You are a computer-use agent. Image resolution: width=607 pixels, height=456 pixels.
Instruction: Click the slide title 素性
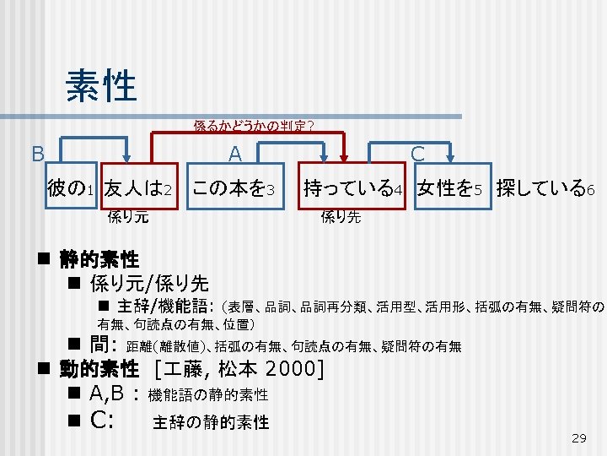point(100,84)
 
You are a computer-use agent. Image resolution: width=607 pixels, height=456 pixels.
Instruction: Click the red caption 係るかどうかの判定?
point(254,127)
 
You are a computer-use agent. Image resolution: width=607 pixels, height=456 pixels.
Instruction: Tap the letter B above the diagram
point(37,154)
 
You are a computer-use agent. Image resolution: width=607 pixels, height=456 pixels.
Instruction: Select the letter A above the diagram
point(235,153)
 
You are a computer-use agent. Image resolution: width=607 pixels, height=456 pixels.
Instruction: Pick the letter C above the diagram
point(416,153)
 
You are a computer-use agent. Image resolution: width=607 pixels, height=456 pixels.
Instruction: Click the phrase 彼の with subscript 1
point(70,187)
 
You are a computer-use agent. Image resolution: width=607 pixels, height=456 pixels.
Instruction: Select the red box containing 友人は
point(140,187)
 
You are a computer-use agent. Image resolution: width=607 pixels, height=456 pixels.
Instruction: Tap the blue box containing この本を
point(234,187)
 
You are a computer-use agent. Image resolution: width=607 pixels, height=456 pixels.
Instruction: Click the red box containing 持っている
point(353,187)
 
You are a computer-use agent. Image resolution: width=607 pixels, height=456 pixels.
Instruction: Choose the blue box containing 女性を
point(452,187)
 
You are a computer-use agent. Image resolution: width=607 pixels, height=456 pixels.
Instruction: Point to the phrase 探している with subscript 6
point(545,187)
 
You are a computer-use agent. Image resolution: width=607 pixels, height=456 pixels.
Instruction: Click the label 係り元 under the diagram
point(129,216)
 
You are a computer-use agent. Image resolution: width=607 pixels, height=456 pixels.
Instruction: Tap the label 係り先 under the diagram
point(341,216)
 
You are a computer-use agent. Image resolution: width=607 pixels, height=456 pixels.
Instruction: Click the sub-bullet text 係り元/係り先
point(149,283)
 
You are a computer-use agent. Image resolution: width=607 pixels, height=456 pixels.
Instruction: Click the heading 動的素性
point(99,368)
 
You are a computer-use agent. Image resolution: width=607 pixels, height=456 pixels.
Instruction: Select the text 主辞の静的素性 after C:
point(212,422)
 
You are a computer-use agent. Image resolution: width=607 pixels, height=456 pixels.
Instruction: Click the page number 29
point(578,437)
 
